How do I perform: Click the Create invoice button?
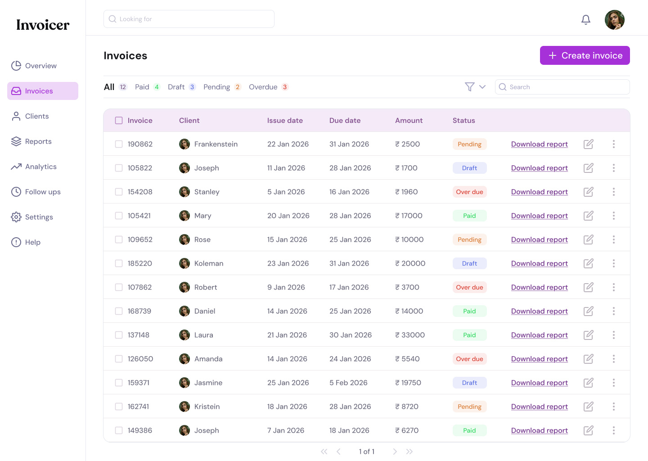click(585, 55)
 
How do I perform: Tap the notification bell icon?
click(585, 20)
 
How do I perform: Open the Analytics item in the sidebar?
click(40, 167)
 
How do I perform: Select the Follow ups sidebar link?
click(42, 192)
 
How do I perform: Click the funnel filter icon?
click(469, 87)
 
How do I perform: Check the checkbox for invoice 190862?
click(119, 144)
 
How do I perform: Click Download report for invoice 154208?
click(539, 192)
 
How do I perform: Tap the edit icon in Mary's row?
click(588, 216)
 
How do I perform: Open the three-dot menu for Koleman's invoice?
click(613, 263)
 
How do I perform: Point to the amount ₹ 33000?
click(410, 335)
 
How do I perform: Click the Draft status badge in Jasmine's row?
click(469, 383)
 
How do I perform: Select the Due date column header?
click(345, 121)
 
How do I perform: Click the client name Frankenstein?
click(216, 144)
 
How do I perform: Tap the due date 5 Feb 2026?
click(348, 383)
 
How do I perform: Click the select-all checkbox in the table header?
click(119, 121)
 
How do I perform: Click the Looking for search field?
click(189, 19)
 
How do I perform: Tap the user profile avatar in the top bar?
click(614, 20)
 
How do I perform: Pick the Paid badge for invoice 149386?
click(469, 430)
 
